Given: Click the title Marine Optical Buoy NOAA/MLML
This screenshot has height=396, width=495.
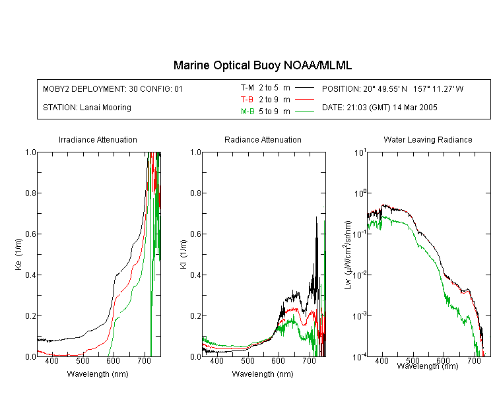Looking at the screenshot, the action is pyautogui.click(x=262, y=66).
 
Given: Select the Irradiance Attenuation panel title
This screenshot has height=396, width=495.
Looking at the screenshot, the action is pyautogui.click(x=98, y=139).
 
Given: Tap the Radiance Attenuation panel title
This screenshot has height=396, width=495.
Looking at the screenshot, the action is pyautogui.click(x=263, y=139).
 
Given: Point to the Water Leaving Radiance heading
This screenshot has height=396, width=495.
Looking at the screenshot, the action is pyautogui.click(x=428, y=139).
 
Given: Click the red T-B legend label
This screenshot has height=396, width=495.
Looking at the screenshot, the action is pyautogui.click(x=247, y=100).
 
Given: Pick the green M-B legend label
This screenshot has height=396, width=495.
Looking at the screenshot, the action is pyautogui.click(x=247, y=112).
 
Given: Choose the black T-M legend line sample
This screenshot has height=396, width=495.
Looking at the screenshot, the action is pyautogui.click(x=304, y=88).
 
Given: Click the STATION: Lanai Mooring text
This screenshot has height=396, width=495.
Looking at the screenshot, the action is pyautogui.click(x=87, y=108).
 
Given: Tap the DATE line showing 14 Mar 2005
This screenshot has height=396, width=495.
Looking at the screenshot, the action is pyautogui.click(x=379, y=108).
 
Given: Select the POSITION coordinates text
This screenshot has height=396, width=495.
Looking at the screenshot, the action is pyautogui.click(x=393, y=88).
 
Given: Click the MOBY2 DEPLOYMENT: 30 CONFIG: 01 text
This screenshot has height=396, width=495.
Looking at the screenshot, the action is pyautogui.click(x=113, y=88).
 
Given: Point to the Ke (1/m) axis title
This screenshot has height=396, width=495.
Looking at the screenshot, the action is pyautogui.click(x=18, y=254).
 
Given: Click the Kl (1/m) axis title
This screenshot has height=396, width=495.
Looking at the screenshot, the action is pyautogui.click(x=183, y=254).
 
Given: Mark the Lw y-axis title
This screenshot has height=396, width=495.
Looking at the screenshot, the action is pyautogui.click(x=348, y=255).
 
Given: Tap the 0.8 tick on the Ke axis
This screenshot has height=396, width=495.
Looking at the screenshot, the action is pyautogui.click(x=30, y=193).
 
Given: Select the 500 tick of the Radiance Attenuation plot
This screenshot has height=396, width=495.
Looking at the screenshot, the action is pyautogui.click(x=247, y=360).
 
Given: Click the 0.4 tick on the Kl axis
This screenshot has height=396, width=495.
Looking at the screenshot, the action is pyautogui.click(x=195, y=275).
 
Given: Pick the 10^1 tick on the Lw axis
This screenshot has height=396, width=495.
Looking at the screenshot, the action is pyautogui.click(x=360, y=152).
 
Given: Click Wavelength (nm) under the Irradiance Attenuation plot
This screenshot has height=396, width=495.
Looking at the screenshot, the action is pyautogui.click(x=98, y=374).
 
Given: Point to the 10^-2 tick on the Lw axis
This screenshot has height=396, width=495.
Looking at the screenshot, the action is pyautogui.click(x=360, y=275).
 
